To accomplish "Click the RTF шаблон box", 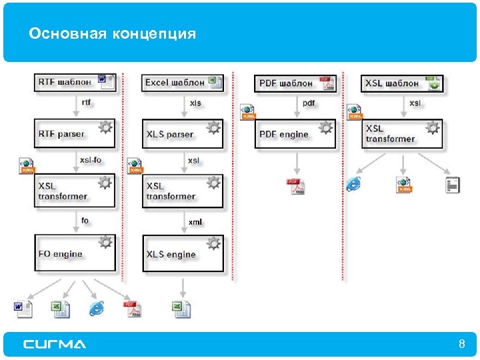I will (x=75, y=83).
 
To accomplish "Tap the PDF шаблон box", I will (x=296, y=83).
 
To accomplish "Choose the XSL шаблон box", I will (x=403, y=83).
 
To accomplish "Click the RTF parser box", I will (x=75, y=133).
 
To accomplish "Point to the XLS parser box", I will (x=183, y=134).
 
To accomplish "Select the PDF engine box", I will (x=295, y=134).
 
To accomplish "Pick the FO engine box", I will (x=75, y=253).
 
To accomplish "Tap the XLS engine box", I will (x=183, y=254).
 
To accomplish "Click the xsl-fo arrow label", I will (x=90, y=160).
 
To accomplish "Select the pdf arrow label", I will (x=309, y=103).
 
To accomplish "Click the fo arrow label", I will (x=85, y=221).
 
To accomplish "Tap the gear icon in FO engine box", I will (x=105, y=243).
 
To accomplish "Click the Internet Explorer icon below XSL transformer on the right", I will (x=353, y=184).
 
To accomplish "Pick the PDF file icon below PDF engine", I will (x=295, y=187).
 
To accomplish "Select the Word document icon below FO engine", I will (x=23, y=308).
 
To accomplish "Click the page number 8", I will (x=461, y=344).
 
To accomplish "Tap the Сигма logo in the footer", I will (x=55, y=344).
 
